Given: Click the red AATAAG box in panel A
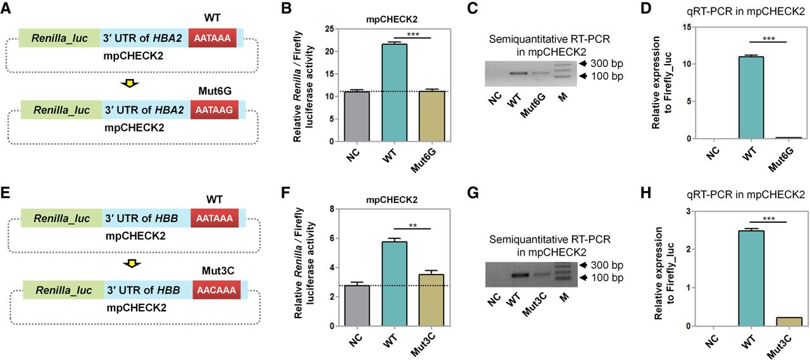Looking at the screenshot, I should pos(213,110).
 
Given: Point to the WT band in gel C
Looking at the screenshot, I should pos(520,73).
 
